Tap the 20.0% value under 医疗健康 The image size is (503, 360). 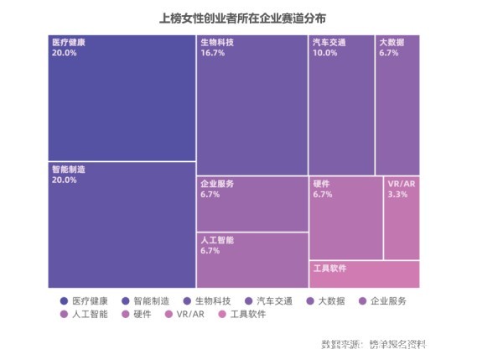pyautogui.click(x=64, y=52)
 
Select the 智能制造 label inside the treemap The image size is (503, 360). pyautogui.click(x=69, y=169)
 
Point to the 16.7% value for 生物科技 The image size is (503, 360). pyautogui.click(x=213, y=52)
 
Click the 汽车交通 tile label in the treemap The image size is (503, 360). pyautogui.click(x=329, y=41)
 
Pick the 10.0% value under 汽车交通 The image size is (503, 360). pyautogui.click(x=325, y=52)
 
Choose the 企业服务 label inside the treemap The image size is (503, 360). pyautogui.click(x=216, y=183)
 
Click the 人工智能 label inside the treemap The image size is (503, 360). pyautogui.click(x=216, y=239)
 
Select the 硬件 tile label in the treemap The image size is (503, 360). pyautogui.click(x=321, y=183)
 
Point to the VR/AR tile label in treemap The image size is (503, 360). pyautogui.click(x=400, y=183)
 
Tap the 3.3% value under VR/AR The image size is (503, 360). pyautogui.click(x=397, y=194)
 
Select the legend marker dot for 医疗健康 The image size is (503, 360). pyautogui.click(x=65, y=300)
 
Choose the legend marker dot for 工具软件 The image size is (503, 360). pyautogui.click(x=222, y=315)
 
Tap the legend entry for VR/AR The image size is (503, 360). pyautogui.click(x=186, y=315)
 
